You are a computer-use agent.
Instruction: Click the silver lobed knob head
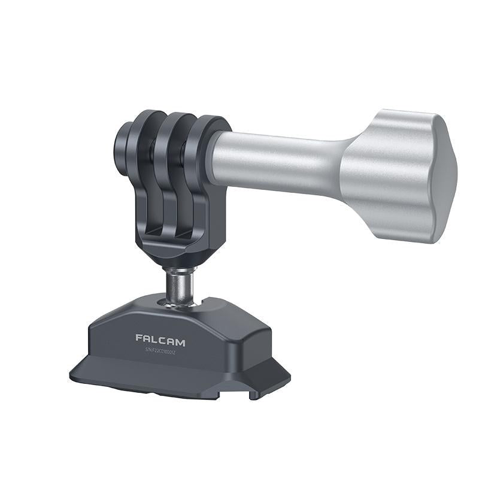click(395, 174)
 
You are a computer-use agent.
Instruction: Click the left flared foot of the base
click(90, 371)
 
